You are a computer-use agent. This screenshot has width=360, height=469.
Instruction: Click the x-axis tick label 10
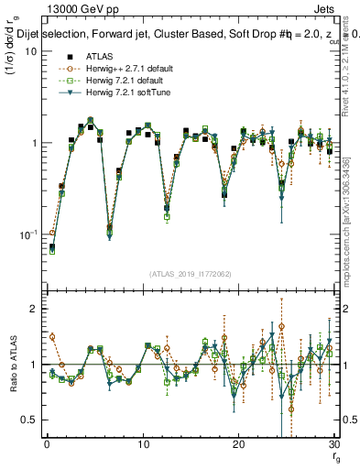[142, 443]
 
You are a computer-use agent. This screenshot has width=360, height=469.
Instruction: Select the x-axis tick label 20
[238, 443]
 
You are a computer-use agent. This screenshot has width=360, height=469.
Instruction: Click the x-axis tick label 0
[47, 443]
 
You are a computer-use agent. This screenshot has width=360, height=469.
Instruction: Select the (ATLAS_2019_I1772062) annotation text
[190, 272]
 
